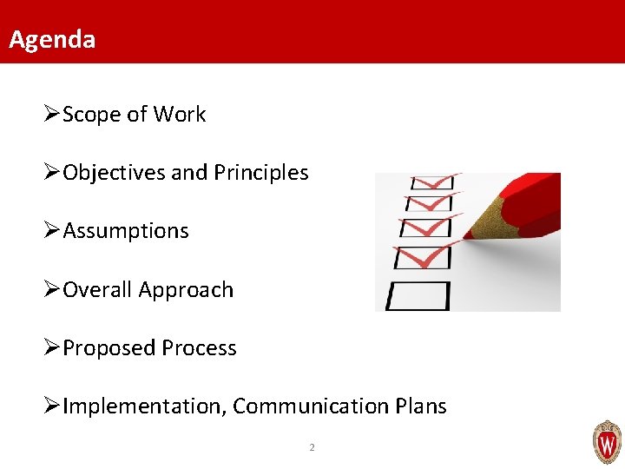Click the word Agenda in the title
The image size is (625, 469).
pyautogui.click(x=52, y=39)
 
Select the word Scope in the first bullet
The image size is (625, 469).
pyautogui.click(x=91, y=115)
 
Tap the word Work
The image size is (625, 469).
pyautogui.click(x=180, y=115)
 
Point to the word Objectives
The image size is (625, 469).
pyautogui.click(x=115, y=173)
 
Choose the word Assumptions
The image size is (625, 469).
pyautogui.click(x=126, y=231)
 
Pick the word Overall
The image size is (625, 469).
pyautogui.click(x=97, y=289)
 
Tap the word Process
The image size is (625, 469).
pyautogui.click(x=198, y=348)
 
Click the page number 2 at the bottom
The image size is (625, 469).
pyautogui.click(x=312, y=448)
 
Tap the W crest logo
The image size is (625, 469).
pyautogui.click(x=607, y=442)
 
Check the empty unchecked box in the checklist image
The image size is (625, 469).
pyautogui.click(x=418, y=295)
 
